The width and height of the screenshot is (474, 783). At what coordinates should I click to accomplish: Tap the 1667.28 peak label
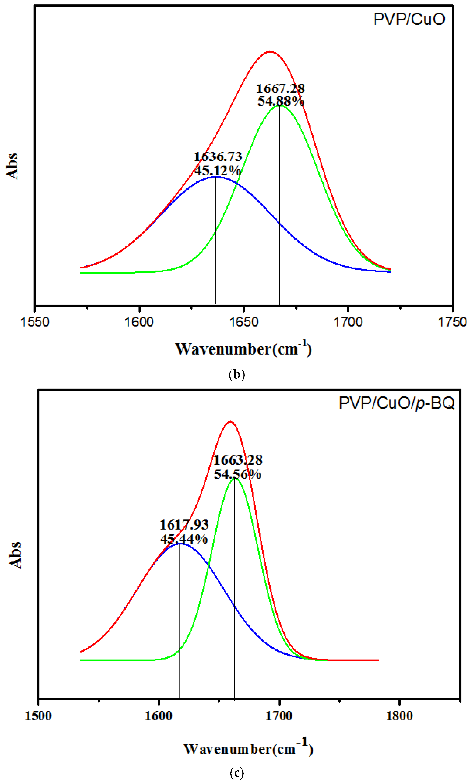(x=281, y=89)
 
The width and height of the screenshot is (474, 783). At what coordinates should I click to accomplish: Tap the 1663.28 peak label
(x=238, y=460)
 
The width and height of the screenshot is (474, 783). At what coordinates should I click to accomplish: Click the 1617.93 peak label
(x=184, y=525)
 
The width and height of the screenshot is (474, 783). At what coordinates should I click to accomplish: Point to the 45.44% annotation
(x=184, y=539)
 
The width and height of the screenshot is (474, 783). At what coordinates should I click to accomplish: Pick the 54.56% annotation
(x=238, y=474)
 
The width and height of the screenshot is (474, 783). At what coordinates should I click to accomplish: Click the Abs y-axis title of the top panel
(x=12, y=166)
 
